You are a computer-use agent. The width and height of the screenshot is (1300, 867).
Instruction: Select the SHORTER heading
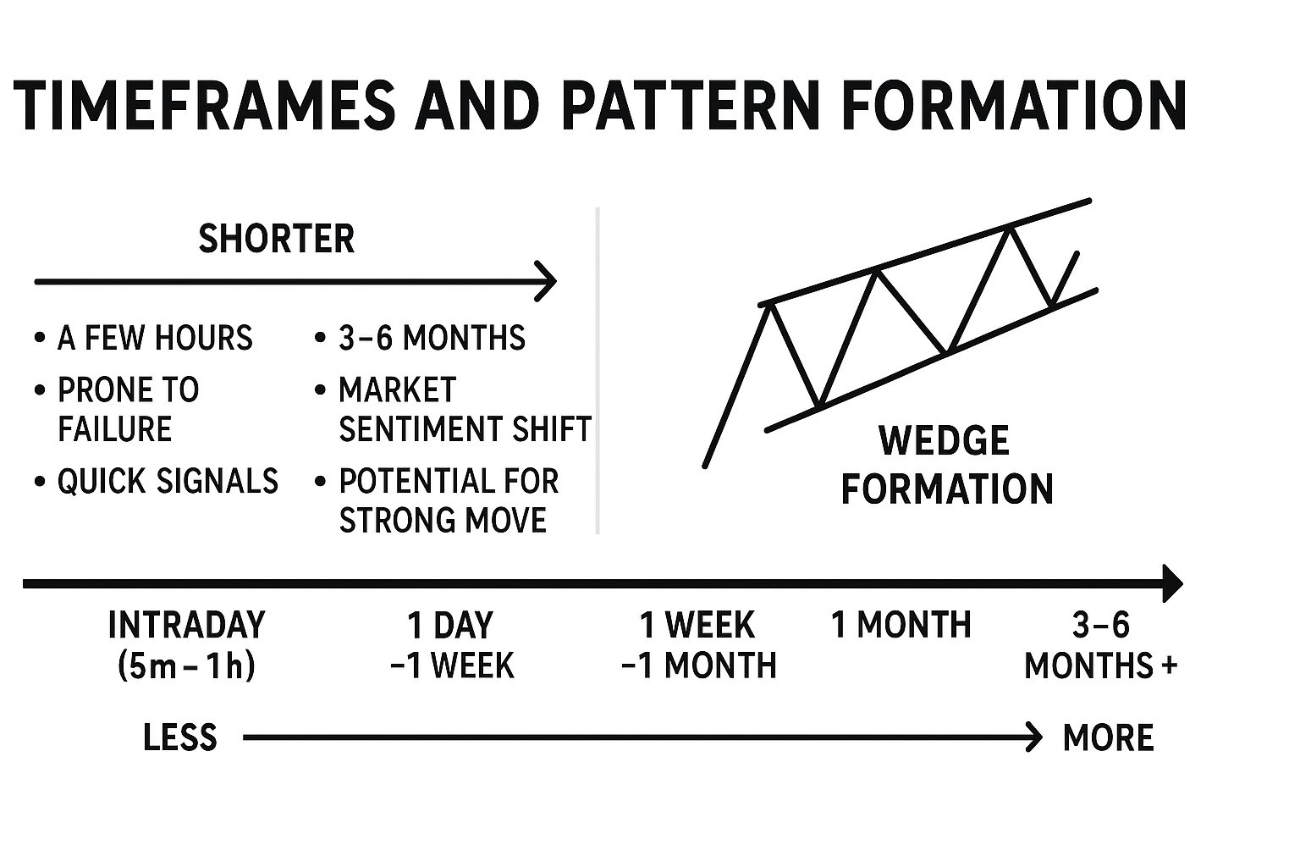(x=276, y=239)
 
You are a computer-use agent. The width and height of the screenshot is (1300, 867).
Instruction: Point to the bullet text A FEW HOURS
(x=155, y=338)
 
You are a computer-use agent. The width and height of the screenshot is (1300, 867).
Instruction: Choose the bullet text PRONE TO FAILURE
(x=127, y=410)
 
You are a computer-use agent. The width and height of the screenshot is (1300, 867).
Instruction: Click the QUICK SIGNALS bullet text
(x=168, y=482)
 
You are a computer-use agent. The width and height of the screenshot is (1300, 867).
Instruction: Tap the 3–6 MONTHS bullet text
(x=432, y=338)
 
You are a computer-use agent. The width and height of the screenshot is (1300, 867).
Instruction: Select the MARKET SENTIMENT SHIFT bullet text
(x=464, y=410)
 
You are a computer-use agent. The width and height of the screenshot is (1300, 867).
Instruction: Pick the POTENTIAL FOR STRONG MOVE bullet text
(x=448, y=500)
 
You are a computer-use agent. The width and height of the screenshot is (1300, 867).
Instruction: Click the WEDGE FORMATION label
(x=946, y=465)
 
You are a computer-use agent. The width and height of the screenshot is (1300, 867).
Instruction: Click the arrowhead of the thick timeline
(x=1172, y=583)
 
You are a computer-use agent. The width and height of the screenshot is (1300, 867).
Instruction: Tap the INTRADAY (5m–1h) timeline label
(x=186, y=645)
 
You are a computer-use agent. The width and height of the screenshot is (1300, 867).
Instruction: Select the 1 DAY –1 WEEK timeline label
(x=451, y=645)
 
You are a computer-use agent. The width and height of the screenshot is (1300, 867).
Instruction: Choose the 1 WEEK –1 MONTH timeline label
(x=697, y=645)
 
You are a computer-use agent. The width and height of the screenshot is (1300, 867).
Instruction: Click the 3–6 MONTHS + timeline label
(x=1100, y=645)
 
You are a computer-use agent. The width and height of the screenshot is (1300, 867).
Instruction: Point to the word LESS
(x=180, y=737)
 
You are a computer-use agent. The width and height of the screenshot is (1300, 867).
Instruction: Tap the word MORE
(x=1108, y=737)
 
